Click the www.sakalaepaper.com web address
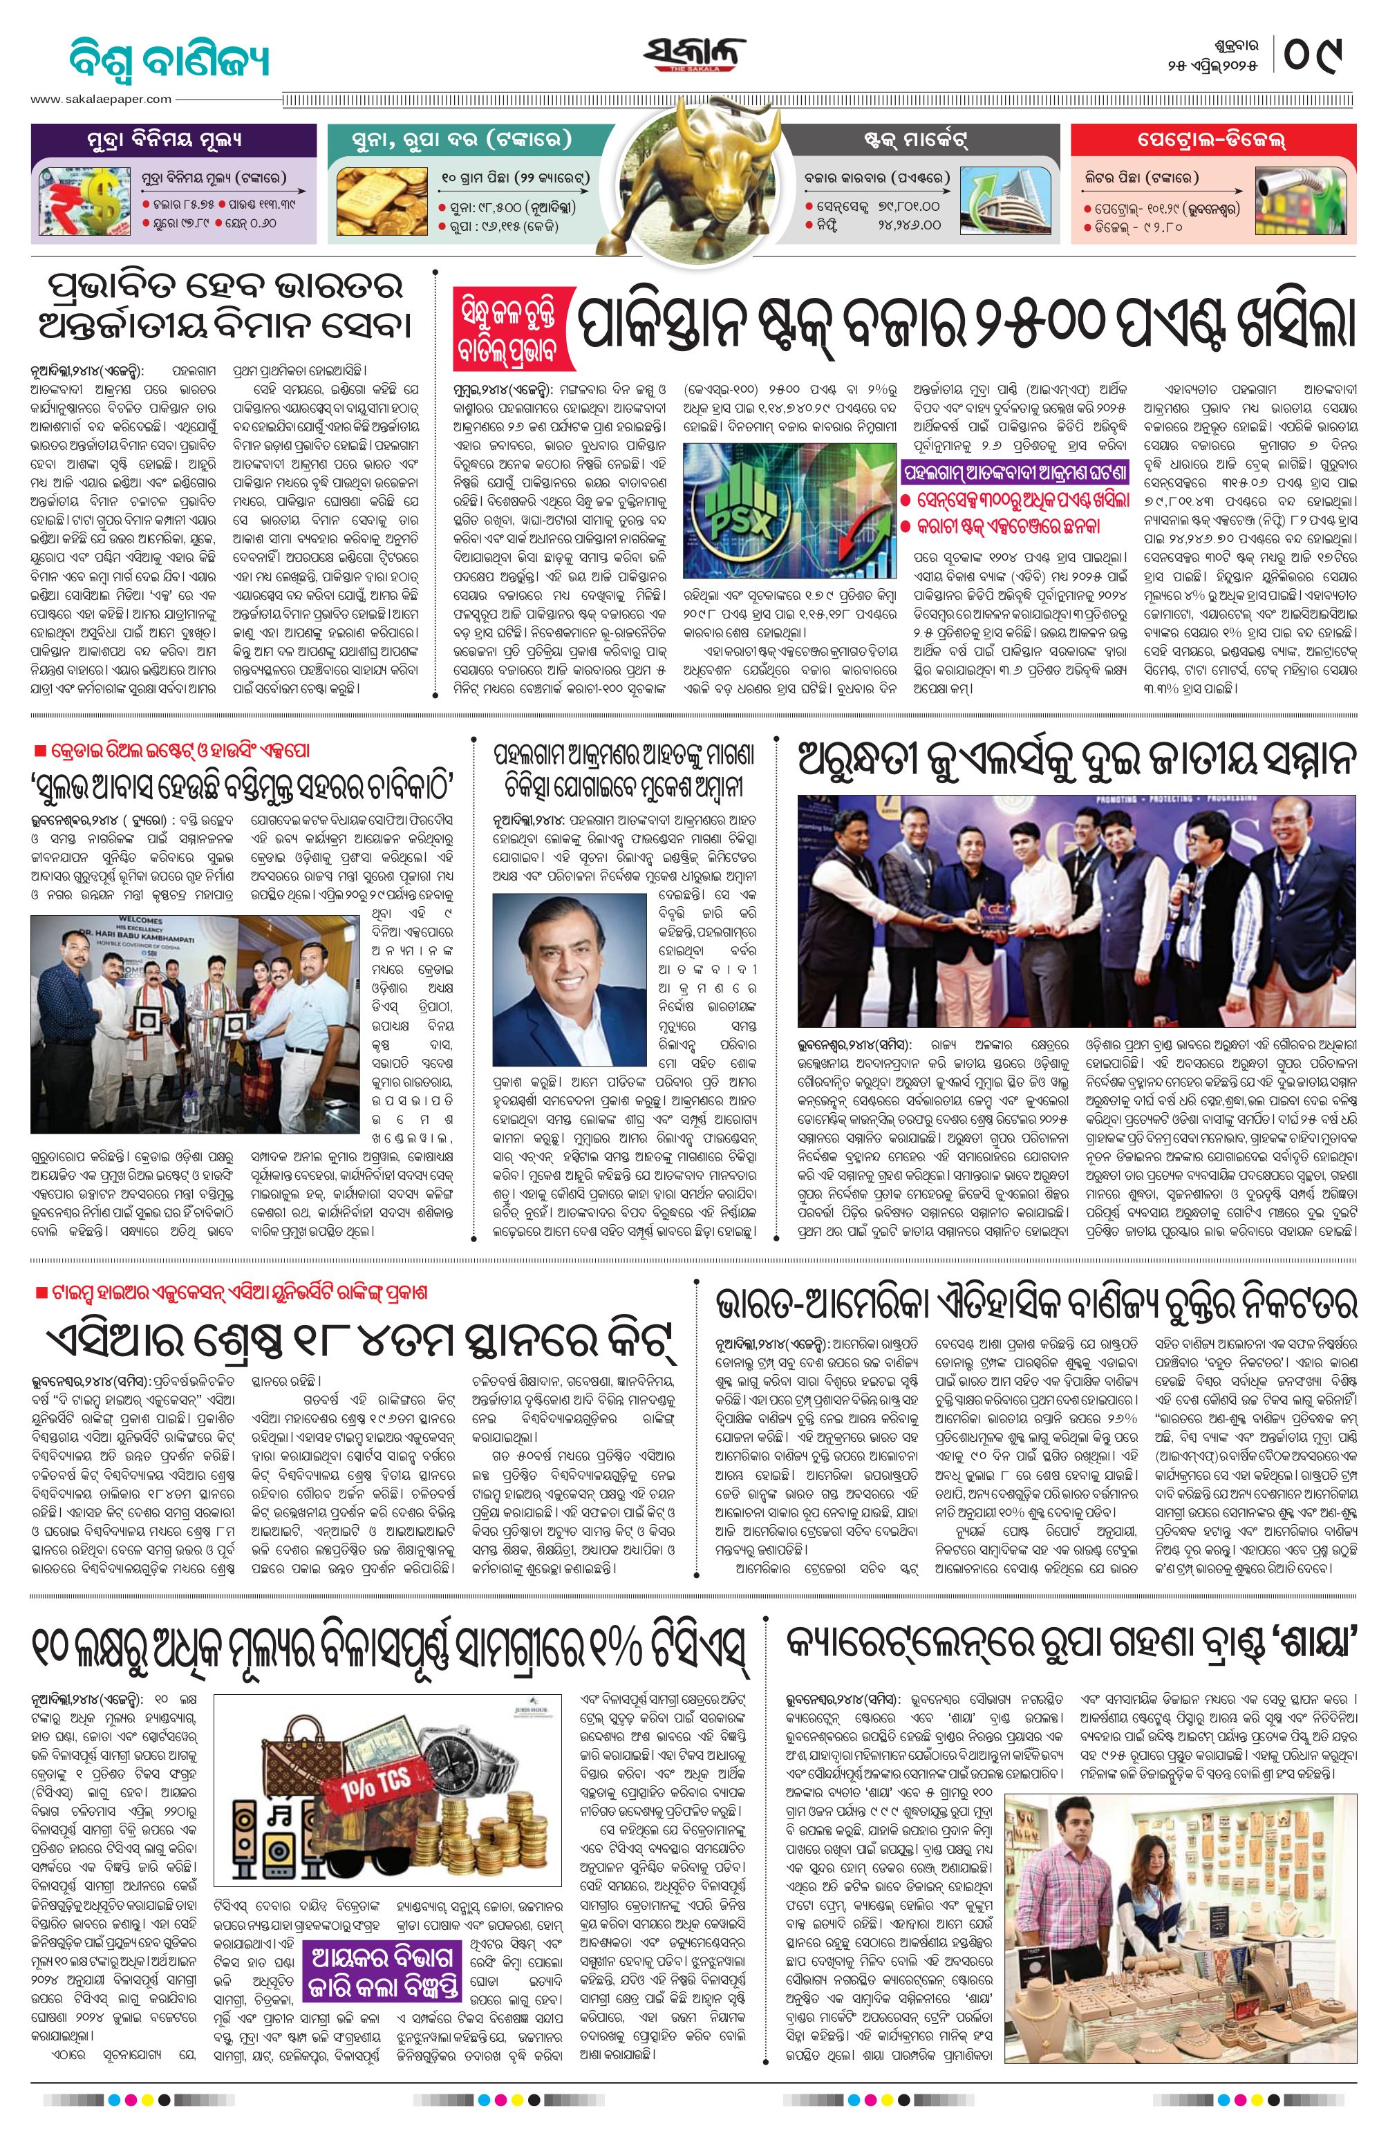pos(101,100)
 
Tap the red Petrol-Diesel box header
pos(1212,140)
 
